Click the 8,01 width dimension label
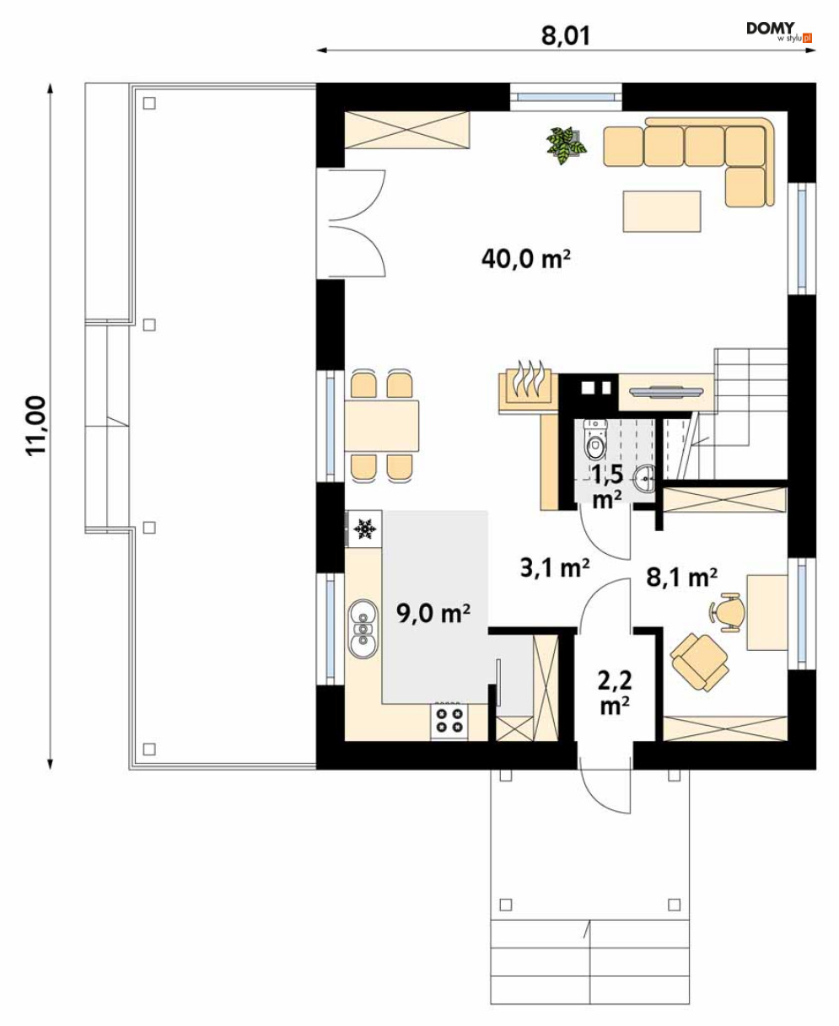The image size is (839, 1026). coord(566,35)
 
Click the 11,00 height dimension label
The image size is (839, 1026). coord(36,426)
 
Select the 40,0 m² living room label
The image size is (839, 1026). coord(525,259)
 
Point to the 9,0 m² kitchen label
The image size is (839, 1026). coord(433,613)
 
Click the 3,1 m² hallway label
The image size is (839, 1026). coord(555,567)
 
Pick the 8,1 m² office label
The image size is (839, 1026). coord(681,577)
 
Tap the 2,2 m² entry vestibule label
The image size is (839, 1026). coord(615,693)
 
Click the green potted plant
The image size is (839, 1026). coord(566,144)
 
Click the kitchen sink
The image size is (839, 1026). coord(363,628)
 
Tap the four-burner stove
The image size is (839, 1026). coord(449,720)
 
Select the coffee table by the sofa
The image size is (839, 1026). coord(662,211)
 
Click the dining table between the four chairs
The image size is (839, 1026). coord(381,426)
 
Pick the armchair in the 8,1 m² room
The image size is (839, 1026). coord(699,662)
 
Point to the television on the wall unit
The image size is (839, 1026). coord(666,390)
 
